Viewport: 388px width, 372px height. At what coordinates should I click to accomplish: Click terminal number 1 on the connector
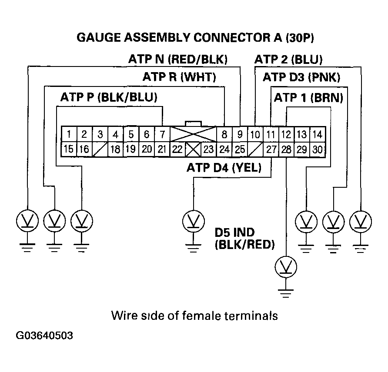[69, 134]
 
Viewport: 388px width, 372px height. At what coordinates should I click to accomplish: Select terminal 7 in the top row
[162, 134]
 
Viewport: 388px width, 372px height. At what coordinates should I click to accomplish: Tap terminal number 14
[318, 134]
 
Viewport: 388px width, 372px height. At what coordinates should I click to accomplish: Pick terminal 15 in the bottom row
[69, 149]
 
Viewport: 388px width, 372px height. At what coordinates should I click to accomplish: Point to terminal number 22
[177, 149]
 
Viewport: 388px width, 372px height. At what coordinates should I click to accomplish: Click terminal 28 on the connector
[286, 149]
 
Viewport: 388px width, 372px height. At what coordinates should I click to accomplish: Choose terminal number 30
[318, 149]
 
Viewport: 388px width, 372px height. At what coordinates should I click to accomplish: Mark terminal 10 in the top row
[255, 134]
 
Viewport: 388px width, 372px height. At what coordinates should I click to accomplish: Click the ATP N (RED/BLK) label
[178, 59]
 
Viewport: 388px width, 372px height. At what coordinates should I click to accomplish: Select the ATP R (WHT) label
[179, 78]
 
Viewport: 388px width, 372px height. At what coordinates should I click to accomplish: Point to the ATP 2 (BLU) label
[288, 59]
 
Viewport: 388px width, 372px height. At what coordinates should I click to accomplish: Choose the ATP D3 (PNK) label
[301, 78]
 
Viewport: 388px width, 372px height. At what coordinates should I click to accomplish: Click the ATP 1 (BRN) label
[308, 98]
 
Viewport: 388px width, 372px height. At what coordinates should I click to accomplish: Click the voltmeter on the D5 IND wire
[286, 266]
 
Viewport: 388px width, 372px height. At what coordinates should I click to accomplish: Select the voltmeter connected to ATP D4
[193, 220]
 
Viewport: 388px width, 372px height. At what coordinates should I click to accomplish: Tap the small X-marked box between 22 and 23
[193, 149]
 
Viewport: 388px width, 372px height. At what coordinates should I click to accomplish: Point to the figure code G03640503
[44, 336]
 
